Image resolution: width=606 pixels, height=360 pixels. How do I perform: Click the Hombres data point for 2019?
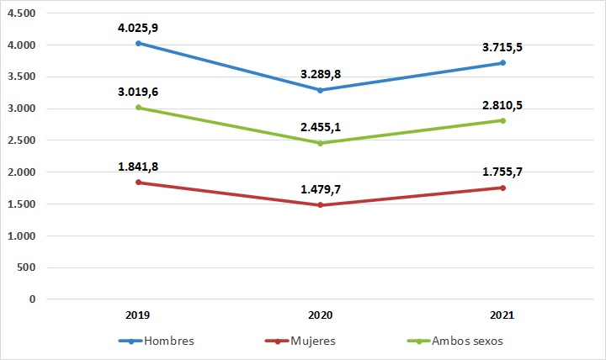[138, 43]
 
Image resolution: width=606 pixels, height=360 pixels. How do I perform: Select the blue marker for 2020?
[320, 90]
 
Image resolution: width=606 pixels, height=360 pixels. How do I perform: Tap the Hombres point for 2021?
[502, 62]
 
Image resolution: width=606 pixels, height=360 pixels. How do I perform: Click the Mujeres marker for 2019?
[138, 183]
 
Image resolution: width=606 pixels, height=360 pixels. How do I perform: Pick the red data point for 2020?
[320, 205]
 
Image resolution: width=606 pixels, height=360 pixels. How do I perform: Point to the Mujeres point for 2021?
[502, 188]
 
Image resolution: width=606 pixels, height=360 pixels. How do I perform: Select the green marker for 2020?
[320, 143]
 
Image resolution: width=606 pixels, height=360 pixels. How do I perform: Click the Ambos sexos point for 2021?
[502, 120]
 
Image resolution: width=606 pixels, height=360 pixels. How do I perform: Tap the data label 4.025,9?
[138, 28]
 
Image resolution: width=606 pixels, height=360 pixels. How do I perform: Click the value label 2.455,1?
[320, 127]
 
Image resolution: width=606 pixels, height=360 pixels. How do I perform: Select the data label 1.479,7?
[320, 189]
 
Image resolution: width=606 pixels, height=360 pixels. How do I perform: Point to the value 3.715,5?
[502, 47]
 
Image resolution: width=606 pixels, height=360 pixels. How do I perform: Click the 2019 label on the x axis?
[138, 315]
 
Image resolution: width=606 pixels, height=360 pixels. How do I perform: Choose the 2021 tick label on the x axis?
[502, 315]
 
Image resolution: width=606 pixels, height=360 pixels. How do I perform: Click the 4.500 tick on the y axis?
[25, 14]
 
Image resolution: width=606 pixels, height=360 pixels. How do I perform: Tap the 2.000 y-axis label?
[25, 172]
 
